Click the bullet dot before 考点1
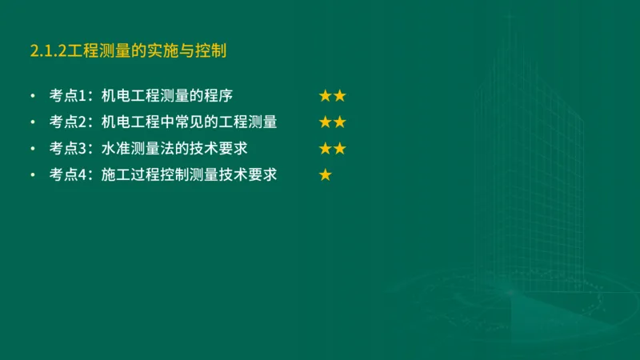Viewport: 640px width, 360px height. (x=32, y=97)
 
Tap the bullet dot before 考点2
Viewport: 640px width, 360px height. (x=32, y=122)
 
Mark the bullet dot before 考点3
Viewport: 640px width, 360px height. (x=32, y=149)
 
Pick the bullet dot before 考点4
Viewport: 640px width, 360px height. (x=32, y=174)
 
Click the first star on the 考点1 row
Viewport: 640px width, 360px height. (x=326, y=97)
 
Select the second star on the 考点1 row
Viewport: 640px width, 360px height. (x=339, y=97)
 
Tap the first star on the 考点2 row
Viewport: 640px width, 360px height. (x=326, y=122)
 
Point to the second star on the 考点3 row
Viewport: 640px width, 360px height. (x=339, y=149)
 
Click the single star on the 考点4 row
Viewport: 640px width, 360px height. (x=326, y=174)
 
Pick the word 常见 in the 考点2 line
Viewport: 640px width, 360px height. (x=190, y=122)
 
